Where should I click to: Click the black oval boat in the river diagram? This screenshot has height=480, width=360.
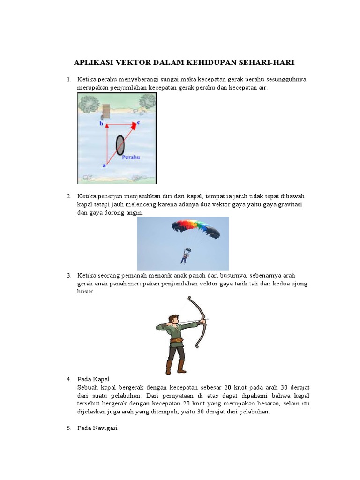click(x=120, y=145)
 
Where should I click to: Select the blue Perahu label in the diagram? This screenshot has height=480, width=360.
click(x=131, y=157)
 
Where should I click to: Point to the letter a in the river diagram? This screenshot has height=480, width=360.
click(x=104, y=165)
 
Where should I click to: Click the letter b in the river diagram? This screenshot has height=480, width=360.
click(x=101, y=124)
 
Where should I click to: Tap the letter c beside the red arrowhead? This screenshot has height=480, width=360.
click(x=139, y=122)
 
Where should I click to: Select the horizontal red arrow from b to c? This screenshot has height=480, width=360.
click(x=120, y=125)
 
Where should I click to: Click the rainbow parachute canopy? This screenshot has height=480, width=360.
click(x=195, y=228)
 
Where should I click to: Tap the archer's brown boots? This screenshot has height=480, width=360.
click(x=175, y=367)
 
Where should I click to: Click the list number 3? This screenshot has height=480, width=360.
click(x=68, y=275)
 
